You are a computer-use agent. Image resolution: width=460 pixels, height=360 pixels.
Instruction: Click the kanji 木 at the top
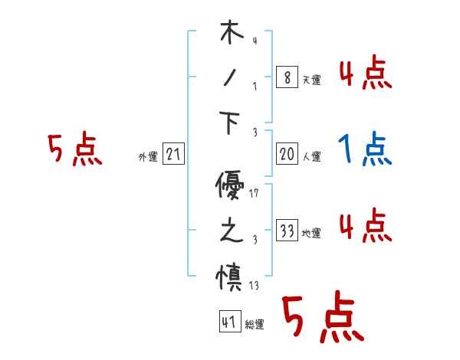click(231, 34)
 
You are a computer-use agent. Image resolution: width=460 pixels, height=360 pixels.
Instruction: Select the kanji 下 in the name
click(231, 122)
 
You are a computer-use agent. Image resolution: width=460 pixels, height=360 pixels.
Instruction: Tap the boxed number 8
click(286, 78)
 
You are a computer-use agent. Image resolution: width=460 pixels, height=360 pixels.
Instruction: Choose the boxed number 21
click(174, 155)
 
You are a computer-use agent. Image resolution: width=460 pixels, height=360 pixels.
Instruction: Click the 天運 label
click(311, 80)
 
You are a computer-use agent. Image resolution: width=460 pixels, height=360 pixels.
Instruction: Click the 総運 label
click(255, 325)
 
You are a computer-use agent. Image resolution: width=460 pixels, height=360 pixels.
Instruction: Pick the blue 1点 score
click(365, 149)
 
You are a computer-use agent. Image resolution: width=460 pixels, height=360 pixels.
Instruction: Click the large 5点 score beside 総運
click(323, 317)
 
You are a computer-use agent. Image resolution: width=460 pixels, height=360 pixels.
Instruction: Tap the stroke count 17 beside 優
click(254, 193)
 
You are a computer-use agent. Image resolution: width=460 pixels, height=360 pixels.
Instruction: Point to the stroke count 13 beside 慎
click(254, 286)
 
